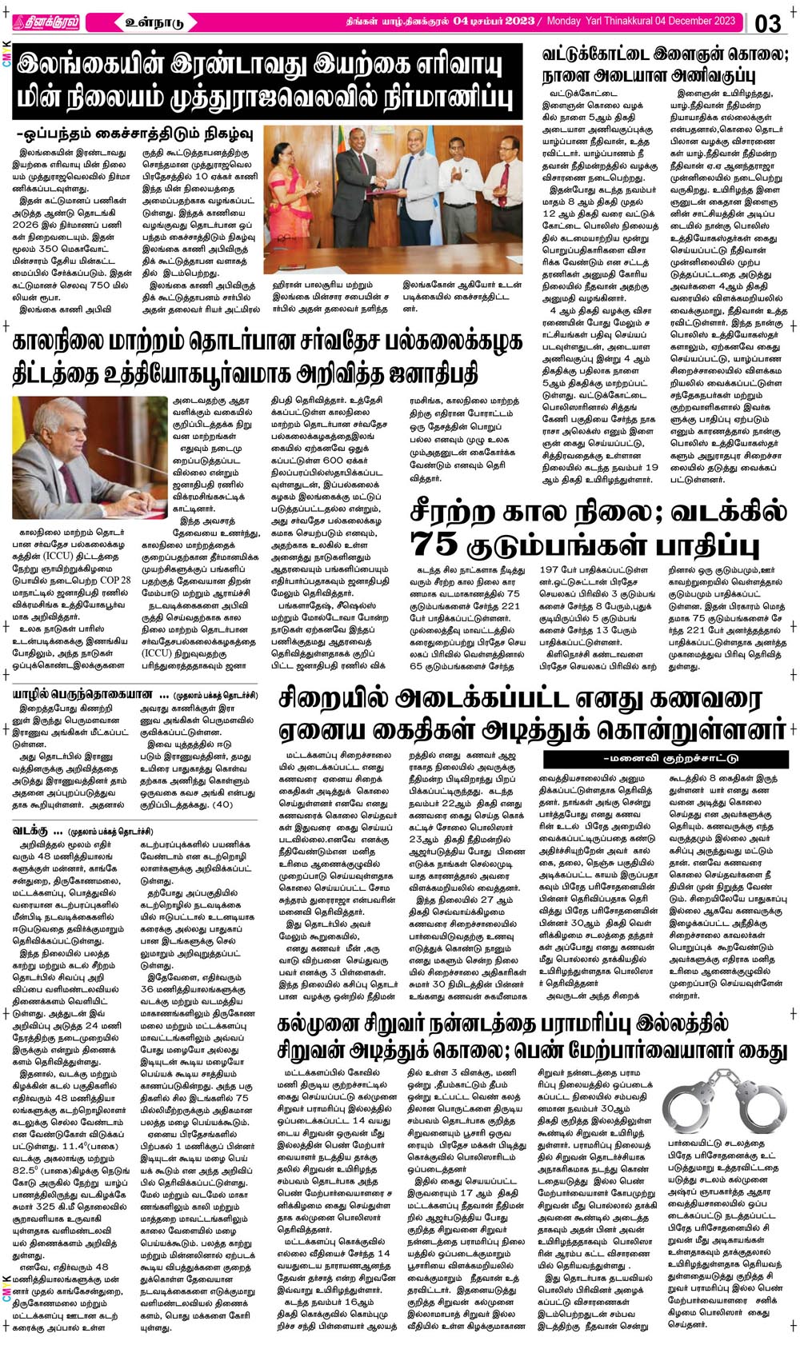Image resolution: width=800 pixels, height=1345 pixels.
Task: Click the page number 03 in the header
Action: coord(767,23)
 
